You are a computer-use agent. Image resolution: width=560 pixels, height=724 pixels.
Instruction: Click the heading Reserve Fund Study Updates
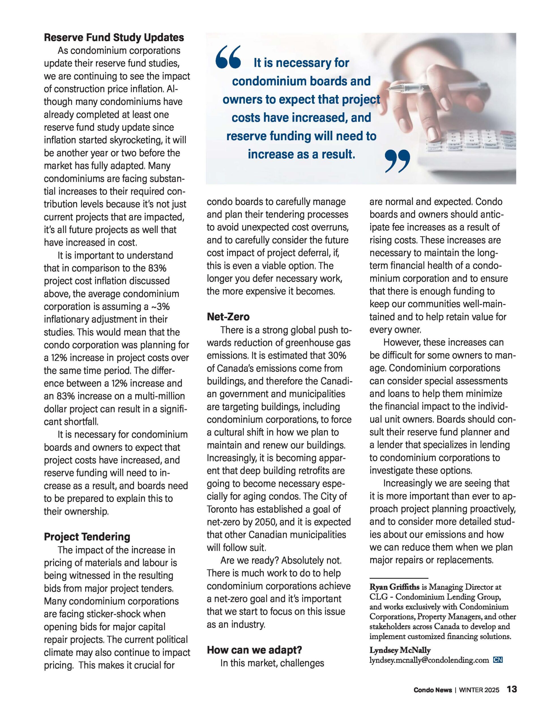point(114,37)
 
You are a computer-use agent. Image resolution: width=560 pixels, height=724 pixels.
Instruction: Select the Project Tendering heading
point(87,537)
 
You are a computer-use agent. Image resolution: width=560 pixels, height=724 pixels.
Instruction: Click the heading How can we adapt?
point(254,650)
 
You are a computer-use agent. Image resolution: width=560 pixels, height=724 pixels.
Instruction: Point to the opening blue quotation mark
point(228,57)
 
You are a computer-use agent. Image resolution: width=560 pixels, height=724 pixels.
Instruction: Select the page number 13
point(512,689)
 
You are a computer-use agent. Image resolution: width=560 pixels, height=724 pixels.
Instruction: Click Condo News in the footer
point(433,690)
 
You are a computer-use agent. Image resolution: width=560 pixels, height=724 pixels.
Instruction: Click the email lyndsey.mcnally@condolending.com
point(429,660)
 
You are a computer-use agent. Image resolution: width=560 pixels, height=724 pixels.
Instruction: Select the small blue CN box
point(498,660)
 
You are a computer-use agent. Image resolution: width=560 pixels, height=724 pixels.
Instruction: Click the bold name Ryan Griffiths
point(394,587)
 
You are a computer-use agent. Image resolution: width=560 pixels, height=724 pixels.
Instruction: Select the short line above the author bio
point(399,578)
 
